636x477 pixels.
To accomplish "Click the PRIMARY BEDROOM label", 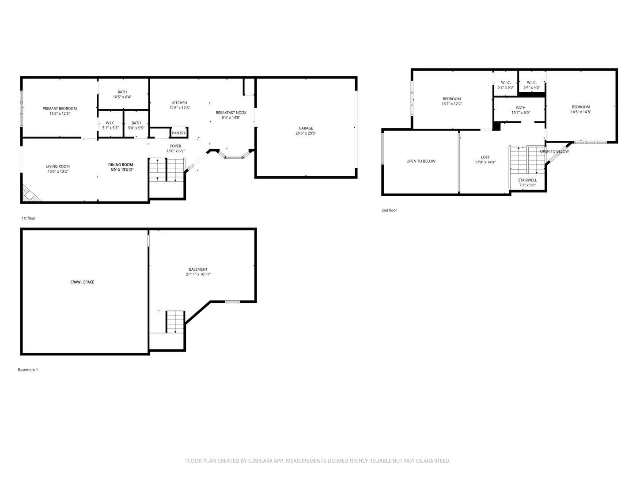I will pos(60,109).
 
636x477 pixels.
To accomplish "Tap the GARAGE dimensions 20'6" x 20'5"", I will pos(306,133).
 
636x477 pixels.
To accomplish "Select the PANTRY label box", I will pos(179,133).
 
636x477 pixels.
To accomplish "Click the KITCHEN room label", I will pos(179,103).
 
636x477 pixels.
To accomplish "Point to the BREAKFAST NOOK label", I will pos(231,113).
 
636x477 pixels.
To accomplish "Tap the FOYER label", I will pos(175,146).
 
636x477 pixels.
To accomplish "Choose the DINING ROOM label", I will pos(121,165).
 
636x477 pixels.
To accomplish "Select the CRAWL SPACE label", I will pos(82,282).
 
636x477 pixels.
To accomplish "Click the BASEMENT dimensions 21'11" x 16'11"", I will pos(198,274).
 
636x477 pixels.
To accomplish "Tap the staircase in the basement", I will pos(175,322).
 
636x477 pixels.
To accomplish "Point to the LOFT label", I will pos(485,157).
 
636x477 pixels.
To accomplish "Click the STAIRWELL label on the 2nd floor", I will pos(527,180).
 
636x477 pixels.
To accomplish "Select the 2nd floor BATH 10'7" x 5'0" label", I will pos(521,108).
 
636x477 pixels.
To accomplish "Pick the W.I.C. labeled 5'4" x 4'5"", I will pos(531,83).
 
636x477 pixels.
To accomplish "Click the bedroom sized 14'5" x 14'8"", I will pos(581,107).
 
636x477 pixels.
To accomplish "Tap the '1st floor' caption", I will pos(29,218).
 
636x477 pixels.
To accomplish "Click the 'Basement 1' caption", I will pos(28,370).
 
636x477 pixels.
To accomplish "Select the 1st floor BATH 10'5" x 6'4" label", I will pos(122,92).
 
